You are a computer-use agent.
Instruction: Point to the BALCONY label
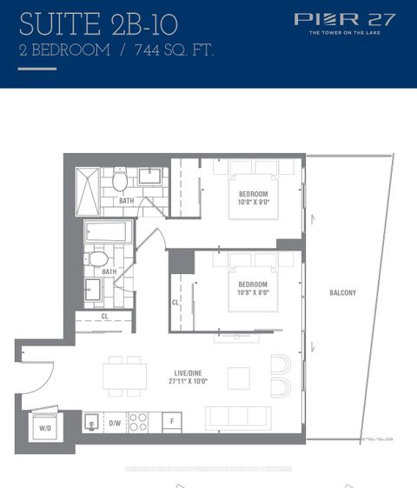click(341, 293)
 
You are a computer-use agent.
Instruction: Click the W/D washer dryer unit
click(45, 426)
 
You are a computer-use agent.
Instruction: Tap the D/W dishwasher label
click(115, 424)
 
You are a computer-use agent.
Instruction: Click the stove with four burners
click(138, 422)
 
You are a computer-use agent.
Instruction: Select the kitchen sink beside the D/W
click(91, 422)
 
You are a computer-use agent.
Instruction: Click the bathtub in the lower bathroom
click(109, 232)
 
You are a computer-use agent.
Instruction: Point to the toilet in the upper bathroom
click(120, 181)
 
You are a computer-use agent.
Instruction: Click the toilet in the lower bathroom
click(98, 258)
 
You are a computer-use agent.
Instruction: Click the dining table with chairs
click(124, 375)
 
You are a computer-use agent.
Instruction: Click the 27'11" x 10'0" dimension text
click(189, 382)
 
